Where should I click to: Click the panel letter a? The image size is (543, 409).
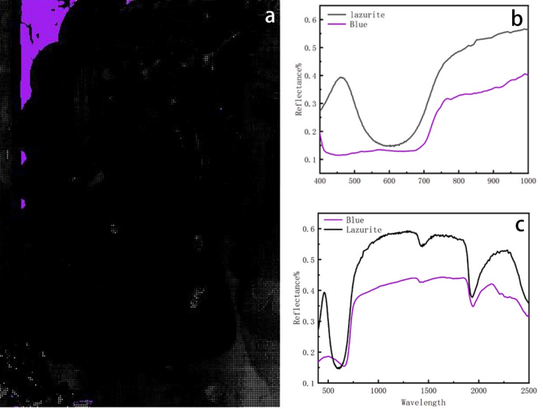271,17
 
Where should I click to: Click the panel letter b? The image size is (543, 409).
516,20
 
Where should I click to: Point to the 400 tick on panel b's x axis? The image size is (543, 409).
319,180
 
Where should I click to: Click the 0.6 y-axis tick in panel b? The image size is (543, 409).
310,20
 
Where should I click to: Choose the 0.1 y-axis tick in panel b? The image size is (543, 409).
310,159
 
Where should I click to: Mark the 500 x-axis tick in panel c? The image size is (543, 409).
329,391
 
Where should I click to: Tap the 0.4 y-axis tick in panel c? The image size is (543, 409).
310,291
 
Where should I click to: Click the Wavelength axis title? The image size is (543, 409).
422,402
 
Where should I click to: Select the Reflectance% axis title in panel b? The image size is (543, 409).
299,89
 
